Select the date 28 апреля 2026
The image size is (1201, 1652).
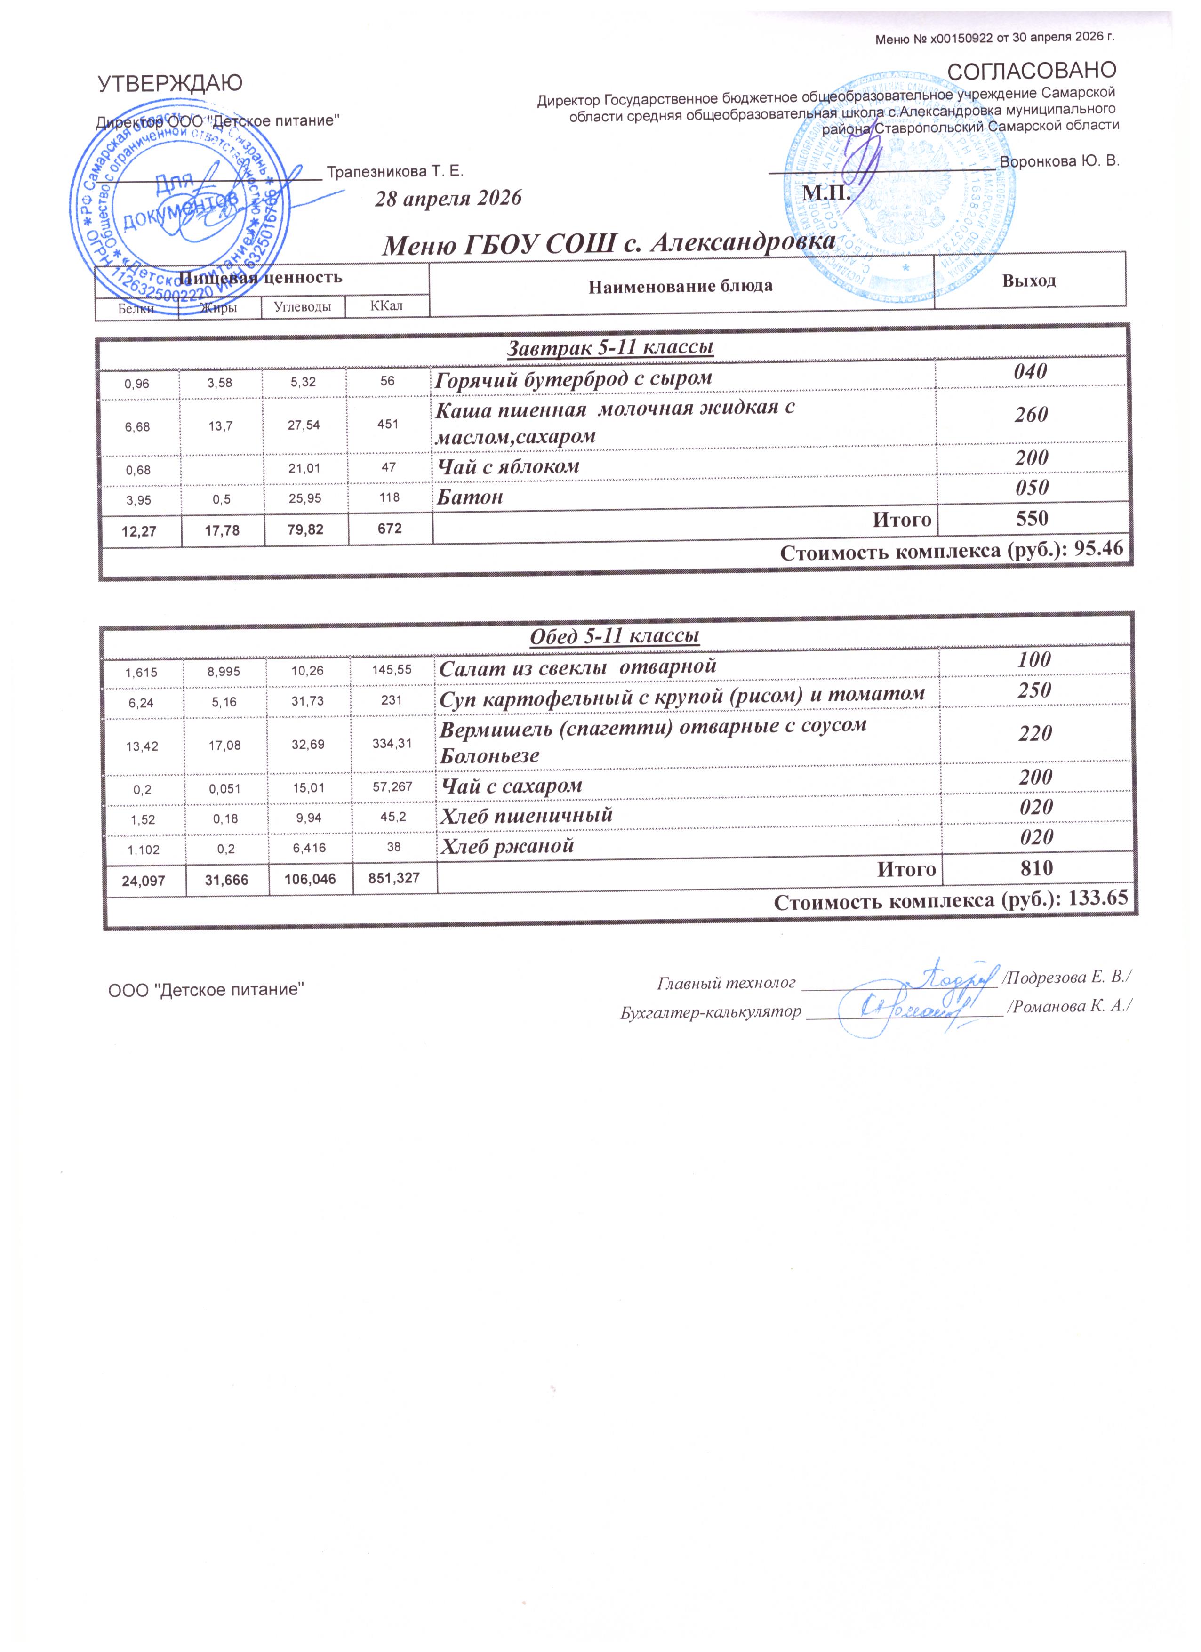(x=448, y=198)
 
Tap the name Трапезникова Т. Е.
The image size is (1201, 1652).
(x=395, y=172)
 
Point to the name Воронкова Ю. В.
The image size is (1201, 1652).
(x=1060, y=161)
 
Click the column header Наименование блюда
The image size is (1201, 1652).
(x=680, y=286)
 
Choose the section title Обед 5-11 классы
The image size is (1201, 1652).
(x=614, y=635)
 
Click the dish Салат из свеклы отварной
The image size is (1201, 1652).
(x=577, y=666)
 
